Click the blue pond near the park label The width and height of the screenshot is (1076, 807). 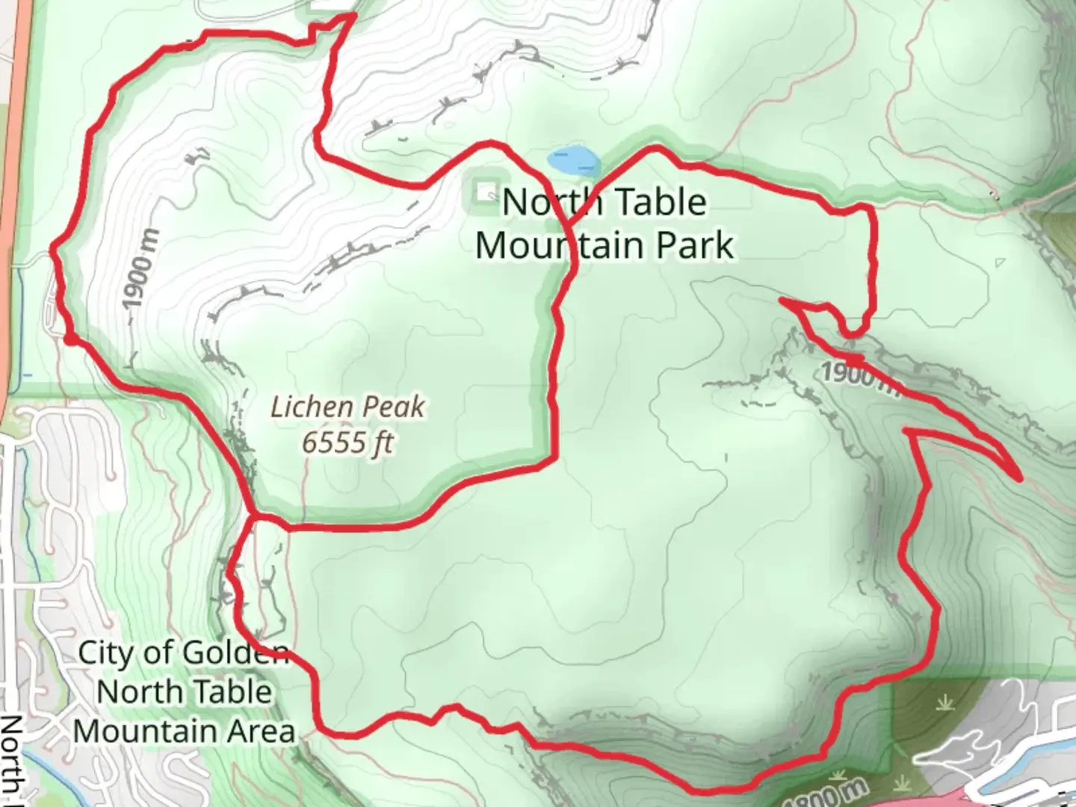[x=573, y=159]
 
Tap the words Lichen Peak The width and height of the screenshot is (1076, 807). [x=347, y=407]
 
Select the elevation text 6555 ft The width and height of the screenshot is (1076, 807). [x=347, y=442]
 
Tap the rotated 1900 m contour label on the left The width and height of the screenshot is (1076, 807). [x=140, y=270]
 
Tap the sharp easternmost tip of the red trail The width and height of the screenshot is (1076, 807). [x=1020, y=477]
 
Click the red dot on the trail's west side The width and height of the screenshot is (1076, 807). [x=69, y=341]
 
